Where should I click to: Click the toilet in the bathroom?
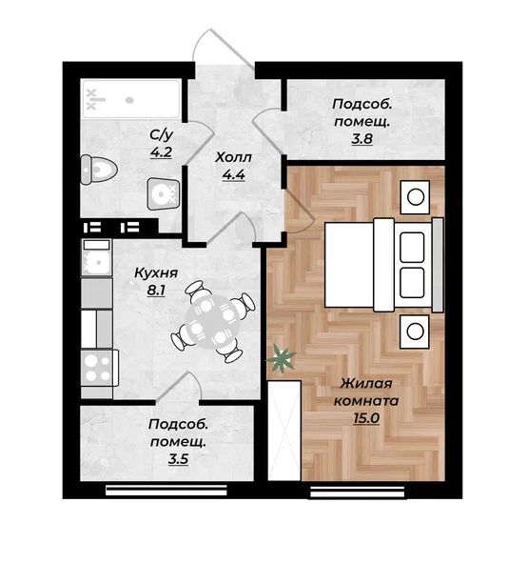[99, 170]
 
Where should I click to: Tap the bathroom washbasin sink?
[163, 194]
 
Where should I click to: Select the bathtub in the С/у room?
[131, 99]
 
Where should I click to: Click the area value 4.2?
[162, 152]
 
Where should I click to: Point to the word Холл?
[233, 157]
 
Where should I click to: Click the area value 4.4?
[233, 175]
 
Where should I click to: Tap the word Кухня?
[156, 272]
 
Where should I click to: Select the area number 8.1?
[156, 291]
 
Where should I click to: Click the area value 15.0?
[366, 418]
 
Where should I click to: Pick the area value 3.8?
[362, 138]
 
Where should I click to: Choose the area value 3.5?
[178, 459]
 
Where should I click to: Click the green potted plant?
[281, 358]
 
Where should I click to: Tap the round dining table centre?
[212, 322]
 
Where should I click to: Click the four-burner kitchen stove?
[100, 368]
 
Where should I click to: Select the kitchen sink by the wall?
[96, 257]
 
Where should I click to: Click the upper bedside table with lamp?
[415, 197]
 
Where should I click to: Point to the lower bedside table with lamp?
[415, 332]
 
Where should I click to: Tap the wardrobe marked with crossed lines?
[284, 431]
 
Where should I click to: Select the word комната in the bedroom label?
[366, 401]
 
